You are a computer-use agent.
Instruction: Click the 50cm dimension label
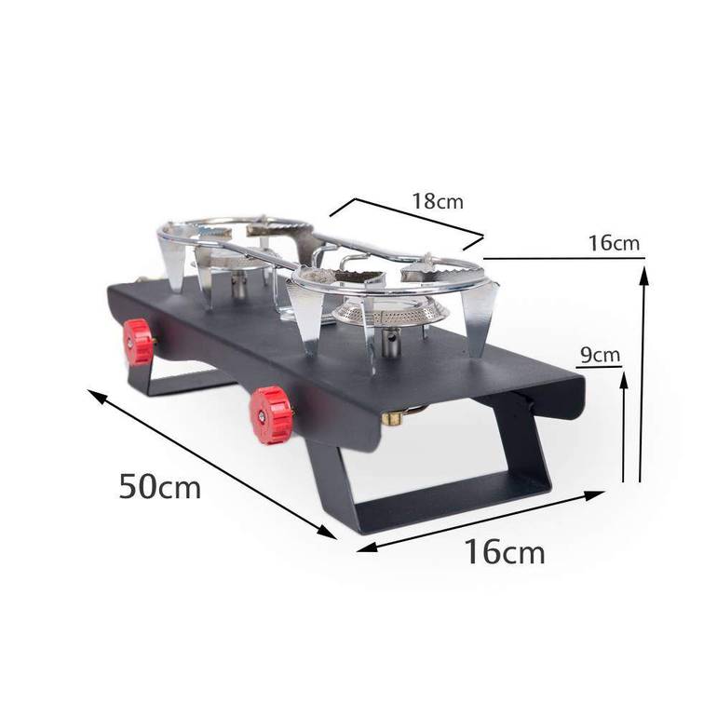coord(160,486)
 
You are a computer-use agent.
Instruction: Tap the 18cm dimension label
coord(438,201)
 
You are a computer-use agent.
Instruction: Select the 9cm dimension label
coord(600,355)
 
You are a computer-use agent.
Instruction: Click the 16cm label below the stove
coord(505,551)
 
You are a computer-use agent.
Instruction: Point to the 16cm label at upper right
coord(614,242)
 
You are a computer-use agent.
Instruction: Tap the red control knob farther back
coord(139,342)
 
